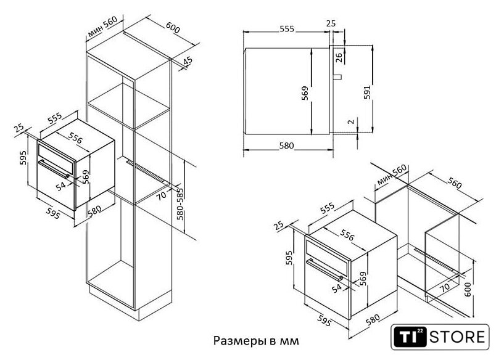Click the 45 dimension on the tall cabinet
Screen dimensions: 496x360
point(188,61)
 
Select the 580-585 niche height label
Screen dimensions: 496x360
point(180,204)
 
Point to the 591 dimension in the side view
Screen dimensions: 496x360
point(367,92)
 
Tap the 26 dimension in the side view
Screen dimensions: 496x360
point(339,57)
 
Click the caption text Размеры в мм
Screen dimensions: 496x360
point(256,341)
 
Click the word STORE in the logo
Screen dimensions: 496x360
point(457,337)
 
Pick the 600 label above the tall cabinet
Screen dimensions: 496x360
point(173,27)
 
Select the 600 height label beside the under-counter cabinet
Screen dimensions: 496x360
point(468,289)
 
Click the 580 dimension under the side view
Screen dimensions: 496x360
point(287,145)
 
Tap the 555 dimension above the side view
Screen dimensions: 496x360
point(287,29)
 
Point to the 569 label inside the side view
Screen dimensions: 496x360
point(305,93)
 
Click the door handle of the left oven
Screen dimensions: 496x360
point(54,169)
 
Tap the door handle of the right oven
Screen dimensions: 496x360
point(324,269)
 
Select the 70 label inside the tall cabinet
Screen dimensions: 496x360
point(162,195)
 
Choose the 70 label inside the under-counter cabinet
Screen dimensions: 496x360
point(445,287)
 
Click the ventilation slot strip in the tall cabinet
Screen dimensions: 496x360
point(146,171)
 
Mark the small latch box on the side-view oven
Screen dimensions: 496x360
point(338,77)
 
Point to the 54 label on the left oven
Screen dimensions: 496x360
point(60,186)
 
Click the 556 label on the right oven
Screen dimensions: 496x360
point(347,235)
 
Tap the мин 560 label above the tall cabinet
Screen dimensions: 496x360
point(102,27)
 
